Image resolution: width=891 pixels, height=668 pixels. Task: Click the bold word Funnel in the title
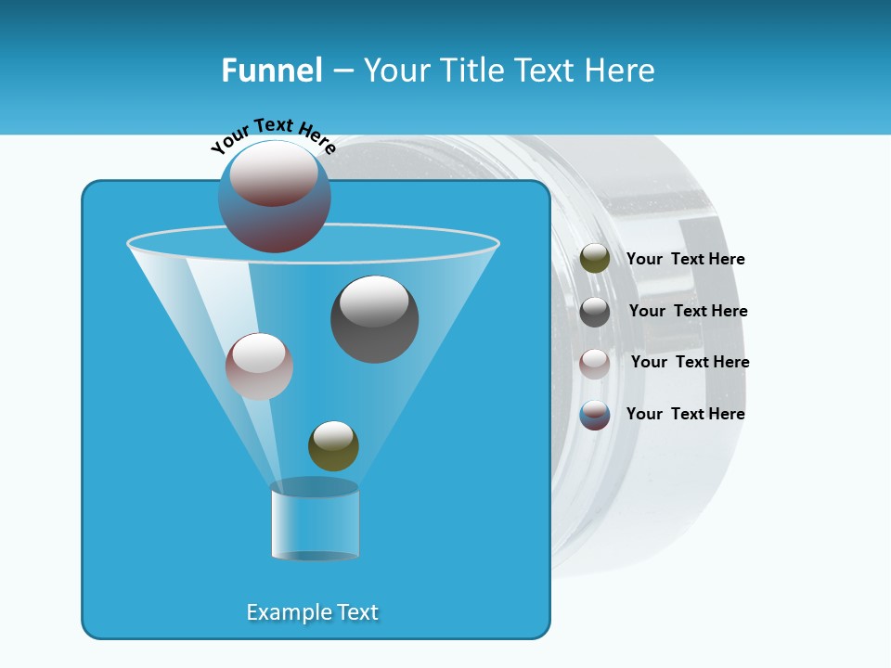click(x=272, y=71)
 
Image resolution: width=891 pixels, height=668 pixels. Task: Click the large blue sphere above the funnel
click(x=275, y=198)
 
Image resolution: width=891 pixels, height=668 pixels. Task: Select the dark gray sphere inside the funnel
click(x=374, y=319)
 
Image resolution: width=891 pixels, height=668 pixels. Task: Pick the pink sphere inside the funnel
click(x=259, y=366)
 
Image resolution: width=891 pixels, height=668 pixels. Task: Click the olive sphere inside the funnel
click(x=333, y=446)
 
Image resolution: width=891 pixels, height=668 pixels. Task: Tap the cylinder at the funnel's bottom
click(x=315, y=520)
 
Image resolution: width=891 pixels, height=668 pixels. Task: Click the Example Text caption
click(x=313, y=612)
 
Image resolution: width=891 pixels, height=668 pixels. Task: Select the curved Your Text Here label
click(x=273, y=135)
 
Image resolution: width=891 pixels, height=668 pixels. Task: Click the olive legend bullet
click(x=595, y=259)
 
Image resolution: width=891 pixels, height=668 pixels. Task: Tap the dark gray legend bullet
click(x=595, y=312)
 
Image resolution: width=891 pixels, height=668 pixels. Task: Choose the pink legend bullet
click(x=595, y=364)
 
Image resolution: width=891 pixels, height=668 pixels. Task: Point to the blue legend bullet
click(x=595, y=415)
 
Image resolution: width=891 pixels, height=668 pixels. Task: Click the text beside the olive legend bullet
click(x=685, y=260)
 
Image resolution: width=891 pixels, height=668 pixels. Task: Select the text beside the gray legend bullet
click(x=688, y=312)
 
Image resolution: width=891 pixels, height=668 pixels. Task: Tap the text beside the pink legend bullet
click(x=690, y=363)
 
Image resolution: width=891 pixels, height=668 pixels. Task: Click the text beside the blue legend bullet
click(x=685, y=414)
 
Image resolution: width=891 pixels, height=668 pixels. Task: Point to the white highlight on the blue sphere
click(x=275, y=173)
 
